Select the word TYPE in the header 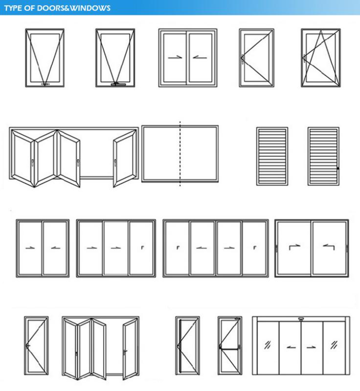click(x=13, y=8)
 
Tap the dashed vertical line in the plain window click(x=180, y=154)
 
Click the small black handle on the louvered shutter click(x=338, y=168)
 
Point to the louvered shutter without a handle click(x=272, y=156)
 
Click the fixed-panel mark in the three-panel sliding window click(x=142, y=248)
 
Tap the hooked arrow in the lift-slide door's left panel click(x=293, y=248)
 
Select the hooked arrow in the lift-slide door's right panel click(x=329, y=248)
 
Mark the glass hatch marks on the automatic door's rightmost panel click(x=333, y=344)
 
